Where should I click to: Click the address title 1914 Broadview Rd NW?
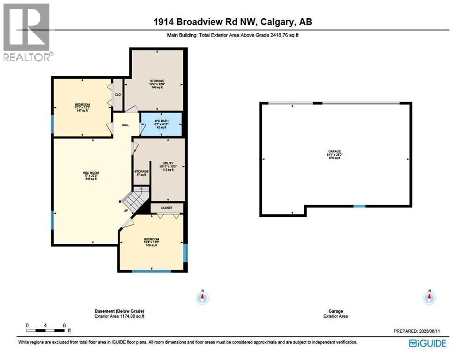tap(233, 22)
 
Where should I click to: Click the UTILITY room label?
tap(168, 166)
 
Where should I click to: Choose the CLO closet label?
tap(118, 94)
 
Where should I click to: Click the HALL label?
tap(126, 125)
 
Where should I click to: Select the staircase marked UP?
tap(137, 199)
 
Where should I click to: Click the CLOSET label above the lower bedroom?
tap(166, 208)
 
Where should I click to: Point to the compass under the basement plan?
tap(203, 297)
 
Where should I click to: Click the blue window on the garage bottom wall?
tap(359, 206)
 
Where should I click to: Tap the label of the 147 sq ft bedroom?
tap(82, 107)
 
